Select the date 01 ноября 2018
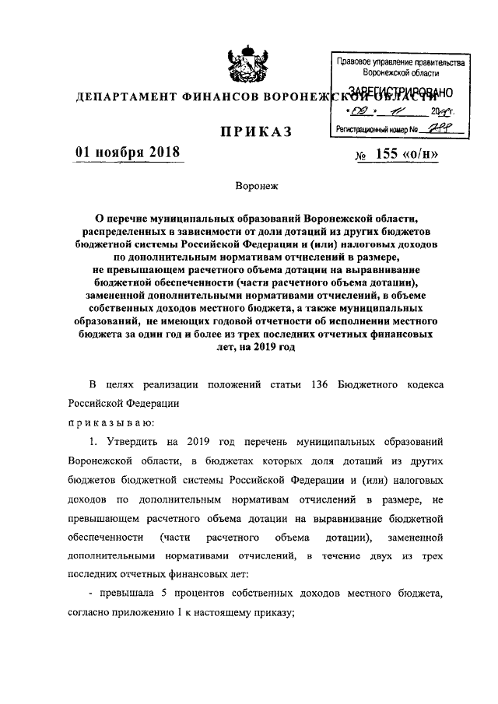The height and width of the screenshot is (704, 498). (x=127, y=152)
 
